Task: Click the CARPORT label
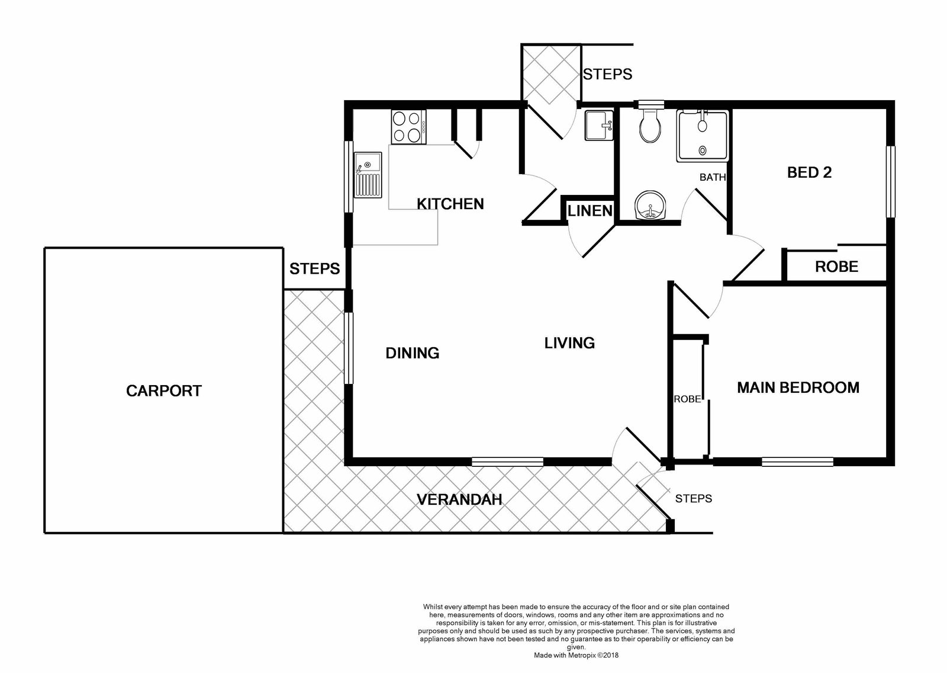[x=163, y=390]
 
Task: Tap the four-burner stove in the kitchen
[x=408, y=127]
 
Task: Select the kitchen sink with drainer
[x=368, y=175]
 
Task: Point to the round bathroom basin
[x=650, y=206]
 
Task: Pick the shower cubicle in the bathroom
[x=702, y=136]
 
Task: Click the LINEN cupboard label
[x=590, y=211]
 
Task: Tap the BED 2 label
[x=809, y=173]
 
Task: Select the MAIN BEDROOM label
[x=798, y=387]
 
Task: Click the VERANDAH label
[x=459, y=500]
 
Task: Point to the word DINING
[x=412, y=353]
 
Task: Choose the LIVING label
[x=569, y=343]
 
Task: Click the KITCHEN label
[x=450, y=204]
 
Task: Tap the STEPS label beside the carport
[x=314, y=269]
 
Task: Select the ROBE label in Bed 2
[x=837, y=267]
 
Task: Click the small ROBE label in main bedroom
[x=687, y=399]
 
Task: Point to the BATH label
[x=713, y=177]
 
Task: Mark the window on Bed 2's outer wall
[x=891, y=182]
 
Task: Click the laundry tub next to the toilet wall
[x=599, y=125]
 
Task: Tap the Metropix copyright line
[x=576, y=655]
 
